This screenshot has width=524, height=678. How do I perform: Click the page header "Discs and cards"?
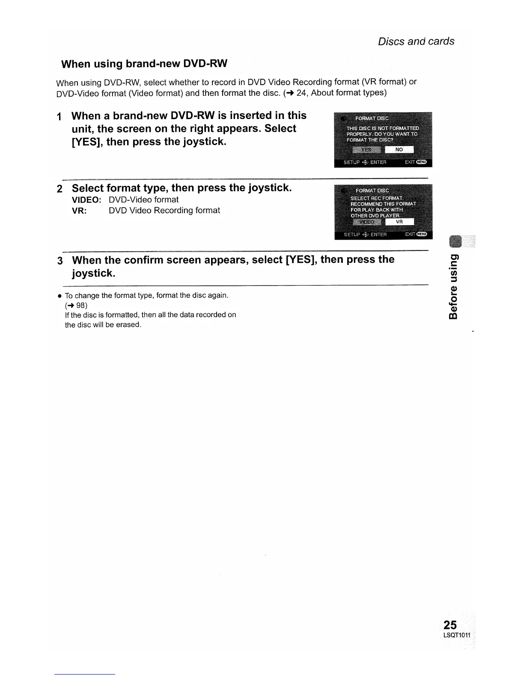416,42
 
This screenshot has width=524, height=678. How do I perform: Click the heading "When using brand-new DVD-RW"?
144,64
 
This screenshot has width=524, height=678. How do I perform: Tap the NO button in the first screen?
399,149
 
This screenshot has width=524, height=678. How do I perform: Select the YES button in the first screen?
366,149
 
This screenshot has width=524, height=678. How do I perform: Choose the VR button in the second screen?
399,222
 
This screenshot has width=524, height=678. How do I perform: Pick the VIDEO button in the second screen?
366,222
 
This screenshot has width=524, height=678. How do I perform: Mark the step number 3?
60,261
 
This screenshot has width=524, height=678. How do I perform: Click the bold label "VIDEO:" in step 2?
86,200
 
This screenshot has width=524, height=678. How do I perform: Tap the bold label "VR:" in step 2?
80,211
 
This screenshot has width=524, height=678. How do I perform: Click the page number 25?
450,624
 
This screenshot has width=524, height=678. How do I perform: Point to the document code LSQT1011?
456,635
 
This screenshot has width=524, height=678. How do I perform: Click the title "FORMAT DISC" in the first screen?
372,118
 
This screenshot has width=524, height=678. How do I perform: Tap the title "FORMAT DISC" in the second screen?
372,190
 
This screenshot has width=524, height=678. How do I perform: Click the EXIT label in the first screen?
410,162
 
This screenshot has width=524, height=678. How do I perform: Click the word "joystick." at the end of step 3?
94,273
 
